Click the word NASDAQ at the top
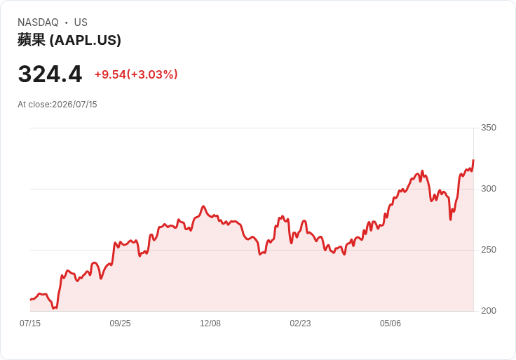(x=38, y=22)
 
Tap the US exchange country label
(x=81, y=22)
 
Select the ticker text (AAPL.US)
(x=86, y=40)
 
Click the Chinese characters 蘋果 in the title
(x=32, y=40)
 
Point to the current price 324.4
(x=50, y=74)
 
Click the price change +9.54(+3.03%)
(x=136, y=74)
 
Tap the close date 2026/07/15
(x=75, y=105)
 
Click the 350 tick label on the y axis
(x=489, y=128)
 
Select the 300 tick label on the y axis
(x=489, y=189)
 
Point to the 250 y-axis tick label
(x=489, y=250)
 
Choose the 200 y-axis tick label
(x=489, y=311)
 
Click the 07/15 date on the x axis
(x=30, y=324)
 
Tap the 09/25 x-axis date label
(x=120, y=324)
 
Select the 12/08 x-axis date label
(x=210, y=324)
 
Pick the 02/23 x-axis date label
(x=300, y=324)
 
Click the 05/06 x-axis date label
(x=391, y=324)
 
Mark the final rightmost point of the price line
(x=473, y=160)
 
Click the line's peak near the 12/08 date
(x=203, y=206)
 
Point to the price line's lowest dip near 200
(x=54, y=308)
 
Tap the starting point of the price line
(x=30, y=300)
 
